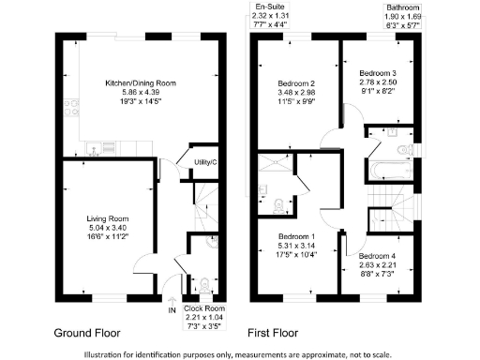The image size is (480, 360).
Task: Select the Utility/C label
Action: click(x=205, y=163)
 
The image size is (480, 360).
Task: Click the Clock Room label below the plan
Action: click(x=204, y=308)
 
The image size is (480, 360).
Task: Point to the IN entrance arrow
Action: click(x=172, y=296)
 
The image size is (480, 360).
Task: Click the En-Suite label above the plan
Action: click(x=265, y=7)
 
